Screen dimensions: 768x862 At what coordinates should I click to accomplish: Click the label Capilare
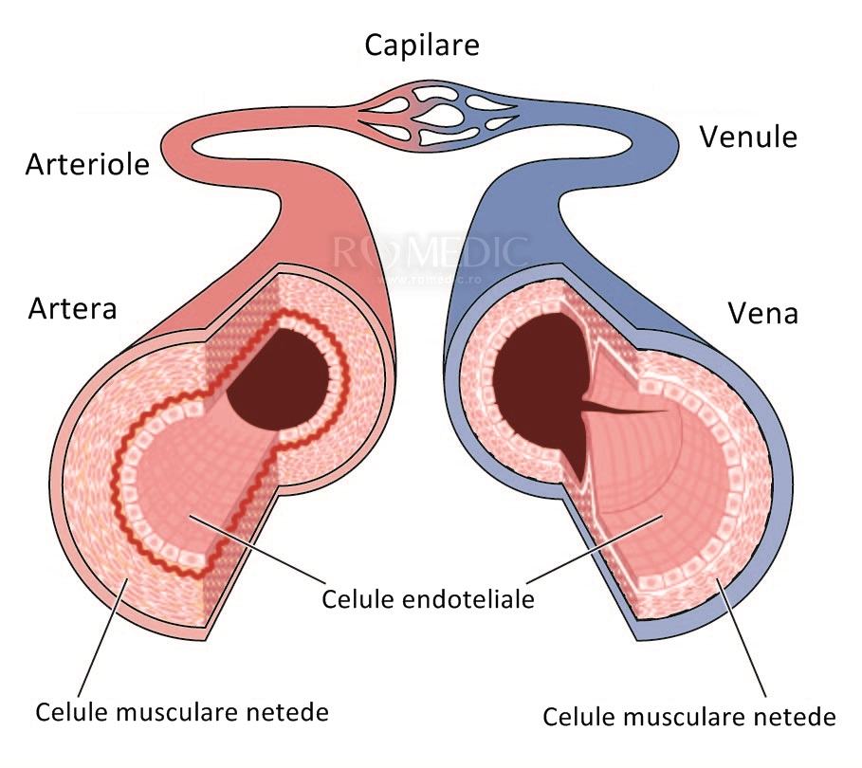tap(422, 45)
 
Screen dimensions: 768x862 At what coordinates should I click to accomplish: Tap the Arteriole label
tap(87, 165)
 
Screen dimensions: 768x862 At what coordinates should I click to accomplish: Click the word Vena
tap(762, 313)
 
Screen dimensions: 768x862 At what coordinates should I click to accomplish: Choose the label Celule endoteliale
tap(428, 599)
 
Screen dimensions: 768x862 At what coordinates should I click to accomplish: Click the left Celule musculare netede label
tap(182, 711)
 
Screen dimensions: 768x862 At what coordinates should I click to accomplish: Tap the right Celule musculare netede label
tap(689, 716)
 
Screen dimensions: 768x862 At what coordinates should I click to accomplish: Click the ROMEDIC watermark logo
tap(429, 252)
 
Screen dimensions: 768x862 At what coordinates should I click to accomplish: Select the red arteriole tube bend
tap(185, 142)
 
